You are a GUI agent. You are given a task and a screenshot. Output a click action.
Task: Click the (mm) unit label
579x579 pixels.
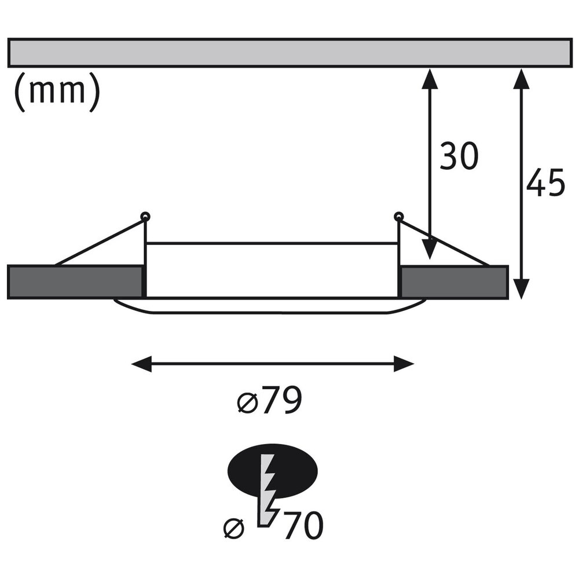[57, 91]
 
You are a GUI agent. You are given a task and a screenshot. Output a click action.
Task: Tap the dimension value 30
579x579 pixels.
[459, 156]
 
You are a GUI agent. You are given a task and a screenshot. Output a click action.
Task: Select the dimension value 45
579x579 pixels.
[545, 182]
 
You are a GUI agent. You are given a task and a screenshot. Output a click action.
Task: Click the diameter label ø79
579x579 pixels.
[270, 400]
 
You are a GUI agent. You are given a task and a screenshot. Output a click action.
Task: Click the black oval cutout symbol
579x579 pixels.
[272, 471]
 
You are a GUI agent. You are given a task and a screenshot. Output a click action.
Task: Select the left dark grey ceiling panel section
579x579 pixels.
[75, 281]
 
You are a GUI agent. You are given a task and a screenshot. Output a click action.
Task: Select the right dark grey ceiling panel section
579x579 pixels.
[455, 281]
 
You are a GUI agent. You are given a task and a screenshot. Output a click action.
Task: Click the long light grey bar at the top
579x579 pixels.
[290, 53]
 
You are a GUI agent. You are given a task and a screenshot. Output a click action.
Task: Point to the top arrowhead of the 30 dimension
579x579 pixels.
[430, 78]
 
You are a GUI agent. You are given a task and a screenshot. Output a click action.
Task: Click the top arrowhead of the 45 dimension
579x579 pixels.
[521, 78]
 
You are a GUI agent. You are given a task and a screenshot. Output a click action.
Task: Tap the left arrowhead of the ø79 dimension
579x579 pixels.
[141, 364]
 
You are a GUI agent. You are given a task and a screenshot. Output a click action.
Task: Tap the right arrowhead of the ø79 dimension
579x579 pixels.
[404, 364]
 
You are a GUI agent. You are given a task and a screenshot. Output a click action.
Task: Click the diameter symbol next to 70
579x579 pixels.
[234, 529]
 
